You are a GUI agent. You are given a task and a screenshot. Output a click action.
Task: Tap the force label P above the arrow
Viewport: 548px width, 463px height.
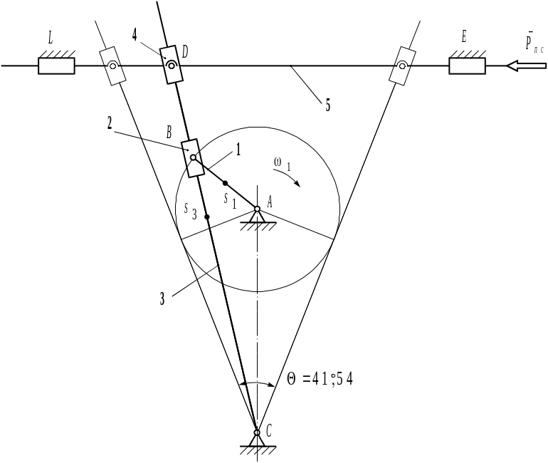click(x=533, y=43)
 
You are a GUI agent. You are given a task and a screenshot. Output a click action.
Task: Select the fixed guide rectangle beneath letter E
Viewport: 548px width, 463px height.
click(x=467, y=66)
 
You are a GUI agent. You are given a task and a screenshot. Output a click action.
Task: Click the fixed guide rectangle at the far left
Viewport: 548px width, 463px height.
click(x=56, y=66)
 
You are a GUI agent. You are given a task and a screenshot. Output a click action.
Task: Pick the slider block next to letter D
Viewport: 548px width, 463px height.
click(x=170, y=65)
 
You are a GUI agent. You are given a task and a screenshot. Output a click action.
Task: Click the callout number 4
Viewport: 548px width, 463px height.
click(x=135, y=33)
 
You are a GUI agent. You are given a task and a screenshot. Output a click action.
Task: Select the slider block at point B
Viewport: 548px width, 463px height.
click(x=193, y=157)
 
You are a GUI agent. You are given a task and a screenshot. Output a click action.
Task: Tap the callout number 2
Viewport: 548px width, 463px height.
click(x=110, y=123)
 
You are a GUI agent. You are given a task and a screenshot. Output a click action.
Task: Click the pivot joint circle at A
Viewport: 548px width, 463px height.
click(x=258, y=209)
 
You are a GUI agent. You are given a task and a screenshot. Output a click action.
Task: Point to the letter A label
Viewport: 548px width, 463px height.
click(x=271, y=203)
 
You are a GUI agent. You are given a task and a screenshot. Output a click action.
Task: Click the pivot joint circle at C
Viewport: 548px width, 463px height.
click(x=257, y=432)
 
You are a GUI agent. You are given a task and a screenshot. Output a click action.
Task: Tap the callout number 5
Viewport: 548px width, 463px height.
click(x=327, y=105)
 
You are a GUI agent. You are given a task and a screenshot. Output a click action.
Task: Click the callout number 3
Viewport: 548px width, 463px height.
click(x=162, y=299)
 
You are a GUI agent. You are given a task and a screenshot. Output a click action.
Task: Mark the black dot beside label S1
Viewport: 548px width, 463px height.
click(x=226, y=183)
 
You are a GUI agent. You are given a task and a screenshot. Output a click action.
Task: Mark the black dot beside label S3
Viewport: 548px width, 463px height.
click(x=207, y=217)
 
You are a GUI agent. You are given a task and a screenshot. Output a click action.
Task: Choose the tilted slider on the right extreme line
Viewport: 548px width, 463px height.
click(x=402, y=66)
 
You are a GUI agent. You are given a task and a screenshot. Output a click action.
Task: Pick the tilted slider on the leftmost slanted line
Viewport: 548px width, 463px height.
click(x=112, y=66)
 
